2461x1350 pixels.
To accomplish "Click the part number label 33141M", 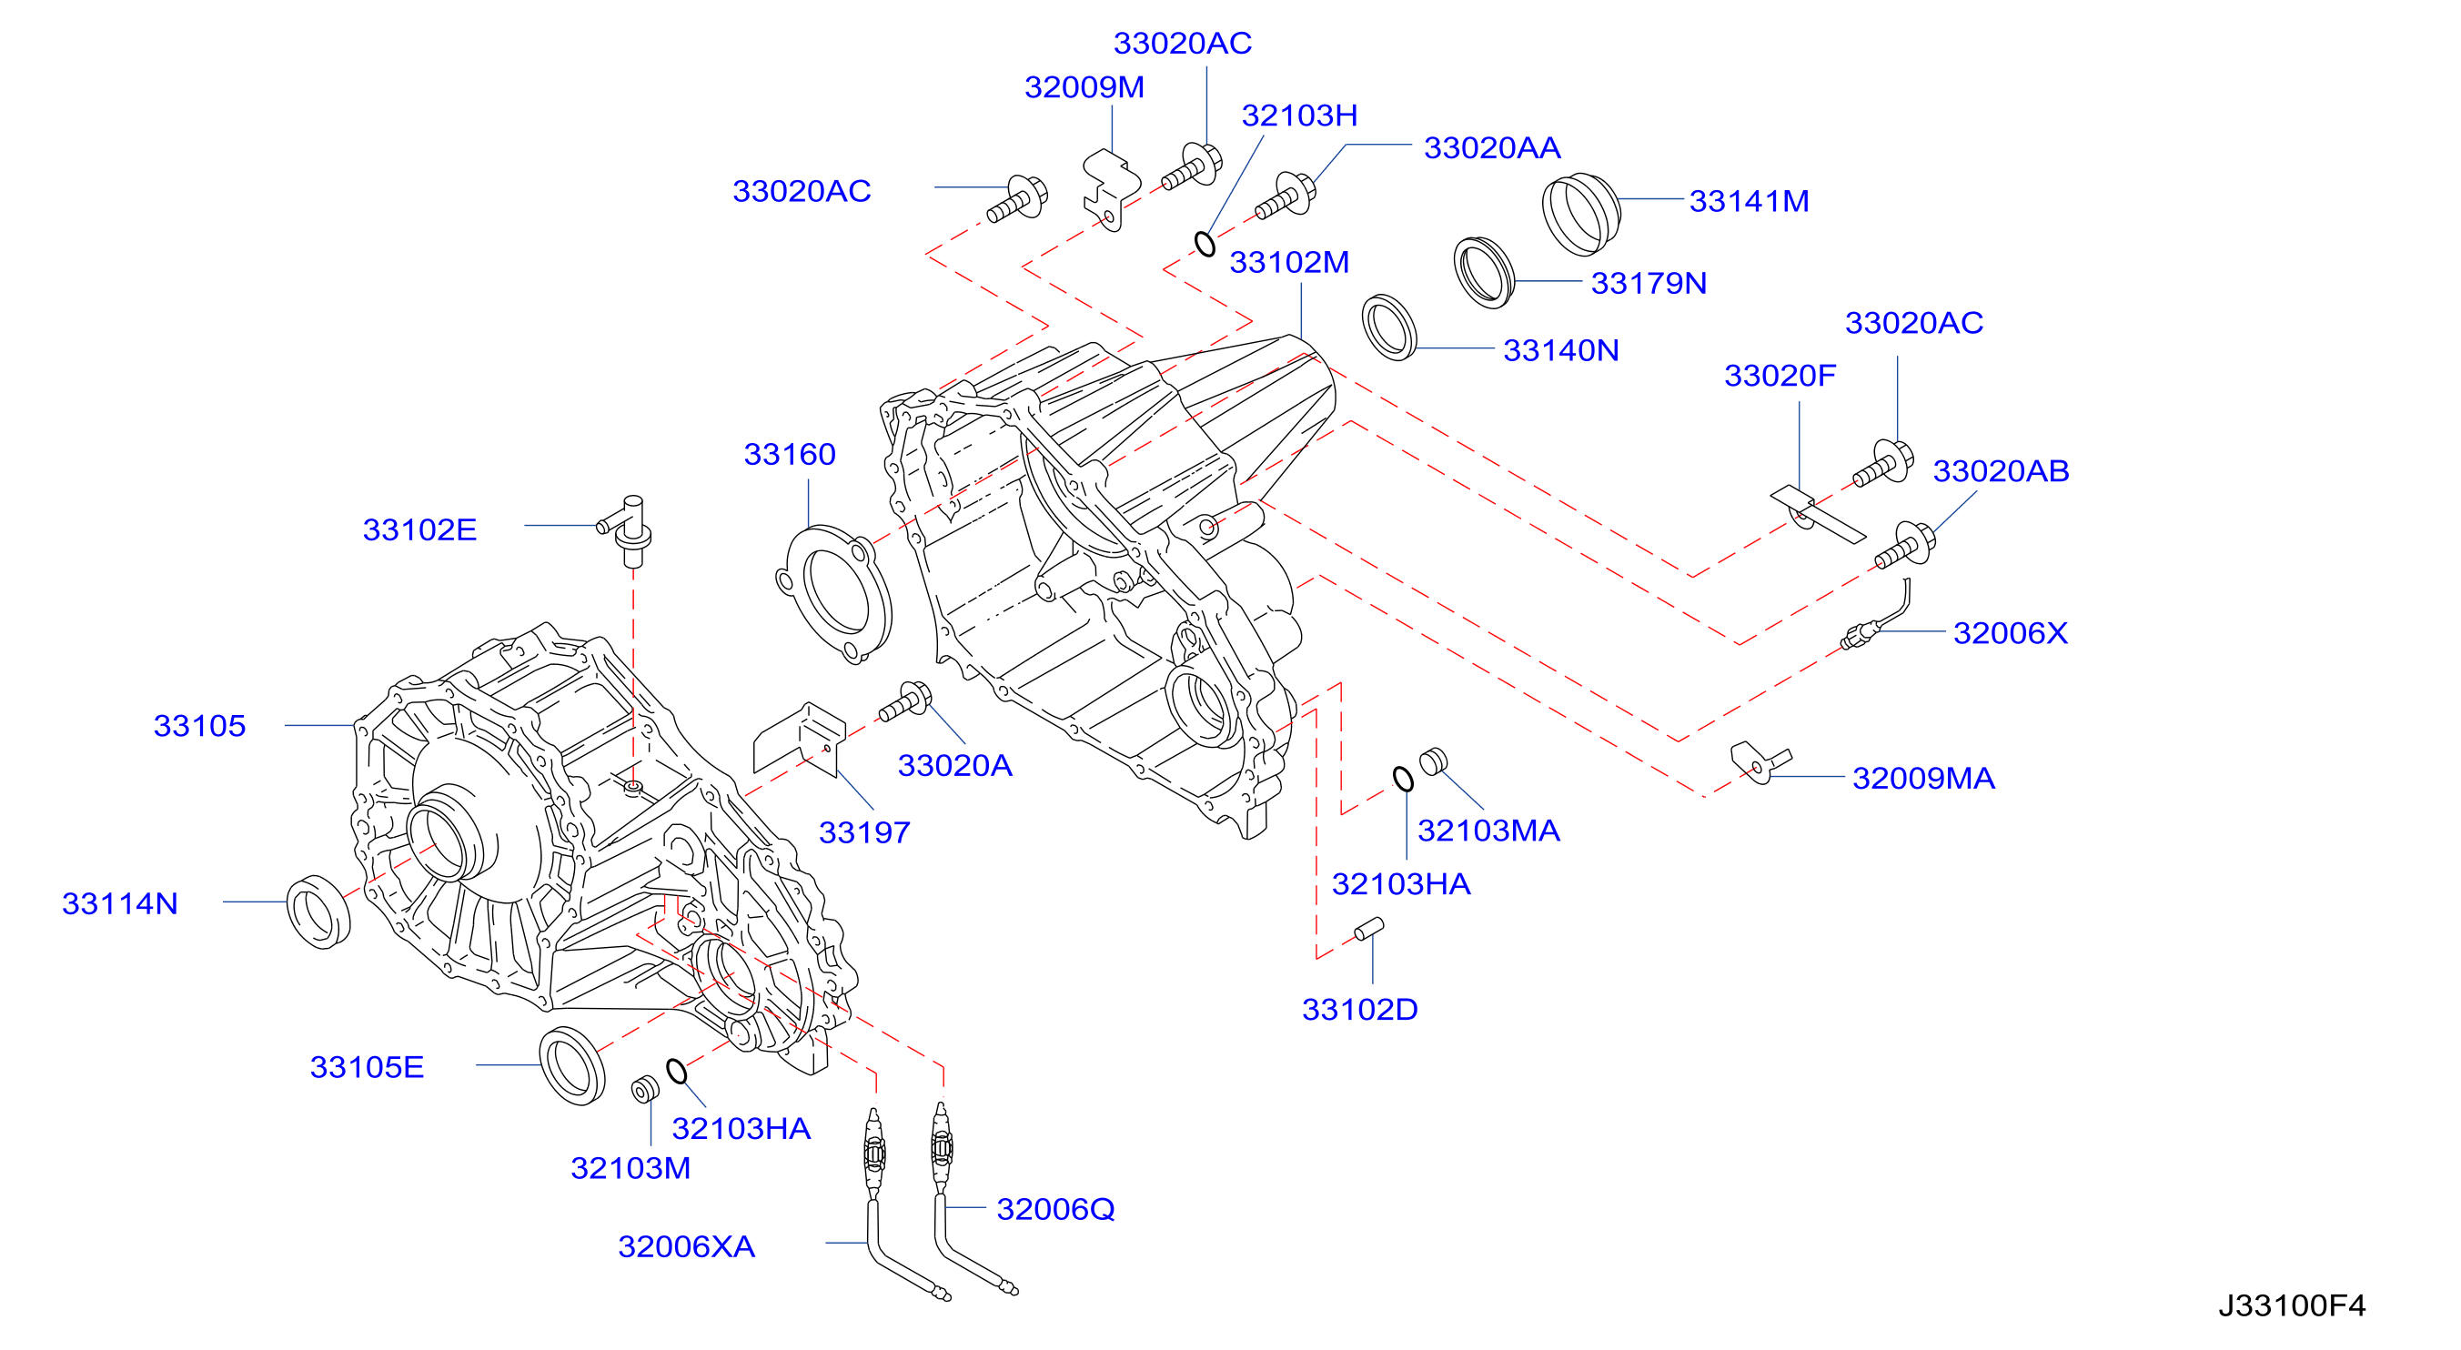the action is coord(1749,202).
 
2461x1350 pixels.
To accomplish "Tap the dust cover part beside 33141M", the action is coord(1581,215).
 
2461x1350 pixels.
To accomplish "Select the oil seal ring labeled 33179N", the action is coord(1484,272).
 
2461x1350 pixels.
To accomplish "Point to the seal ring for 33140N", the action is coord(1389,327).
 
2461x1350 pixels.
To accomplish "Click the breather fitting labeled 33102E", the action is coord(629,531).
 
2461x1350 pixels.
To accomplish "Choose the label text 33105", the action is coord(199,726).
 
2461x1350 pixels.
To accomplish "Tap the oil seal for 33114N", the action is coord(319,912).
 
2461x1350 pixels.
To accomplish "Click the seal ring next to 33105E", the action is coord(572,1066).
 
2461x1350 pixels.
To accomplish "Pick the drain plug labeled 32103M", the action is coord(646,1089).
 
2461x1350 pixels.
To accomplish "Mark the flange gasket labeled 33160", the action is coord(834,593).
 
